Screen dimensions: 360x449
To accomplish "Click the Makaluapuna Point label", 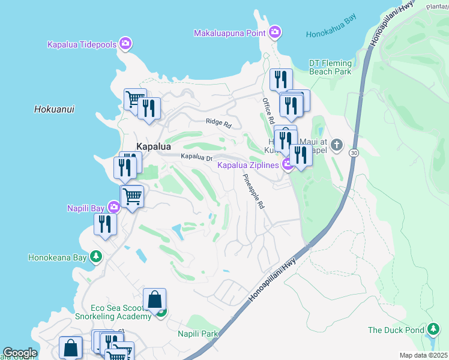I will pyautogui.click(x=230, y=33).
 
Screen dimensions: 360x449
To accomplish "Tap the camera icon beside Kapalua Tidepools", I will pyautogui.click(x=125, y=43).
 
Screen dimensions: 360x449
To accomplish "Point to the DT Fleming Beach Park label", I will pyautogui.click(x=330, y=67).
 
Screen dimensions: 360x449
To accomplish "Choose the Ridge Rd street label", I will pyautogui.click(x=218, y=122).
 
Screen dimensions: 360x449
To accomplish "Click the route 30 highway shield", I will pyautogui.click(x=354, y=154).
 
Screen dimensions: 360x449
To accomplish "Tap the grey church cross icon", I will pyautogui.click(x=337, y=144).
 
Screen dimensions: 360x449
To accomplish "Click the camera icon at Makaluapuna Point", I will pyautogui.click(x=275, y=32).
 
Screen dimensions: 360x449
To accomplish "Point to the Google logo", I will pyautogui.click(x=20, y=353).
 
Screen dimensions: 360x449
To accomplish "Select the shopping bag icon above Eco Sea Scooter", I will pyautogui.click(x=154, y=299).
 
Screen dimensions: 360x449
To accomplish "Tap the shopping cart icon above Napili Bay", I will pyautogui.click(x=132, y=195).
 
